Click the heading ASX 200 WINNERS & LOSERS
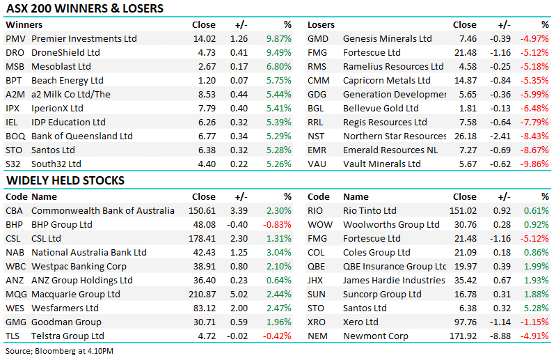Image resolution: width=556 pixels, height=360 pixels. (84, 9)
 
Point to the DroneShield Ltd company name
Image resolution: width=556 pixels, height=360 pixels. (66, 53)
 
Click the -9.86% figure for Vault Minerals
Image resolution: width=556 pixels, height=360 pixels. (534, 164)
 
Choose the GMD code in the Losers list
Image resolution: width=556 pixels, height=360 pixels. (318, 39)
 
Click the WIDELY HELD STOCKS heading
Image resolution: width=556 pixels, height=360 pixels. (65, 181)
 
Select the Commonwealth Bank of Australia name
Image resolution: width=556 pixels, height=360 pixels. (103, 210)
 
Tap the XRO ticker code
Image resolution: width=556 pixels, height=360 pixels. (317, 322)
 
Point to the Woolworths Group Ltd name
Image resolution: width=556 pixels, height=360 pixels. (391, 224)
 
